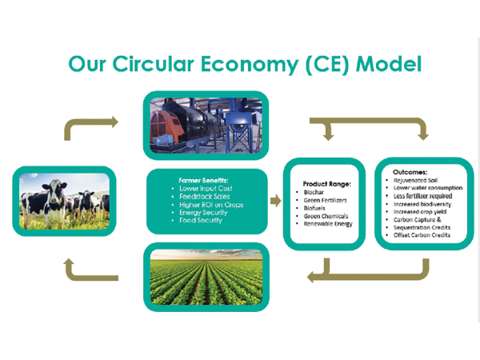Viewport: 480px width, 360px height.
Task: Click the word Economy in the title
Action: (x=250, y=64)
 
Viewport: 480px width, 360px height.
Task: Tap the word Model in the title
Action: (x=389, y=64)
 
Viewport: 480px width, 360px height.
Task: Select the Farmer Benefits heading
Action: (x=203, y=180)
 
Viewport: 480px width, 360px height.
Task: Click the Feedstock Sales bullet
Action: (x=205, y=197)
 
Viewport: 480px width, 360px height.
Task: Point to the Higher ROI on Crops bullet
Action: (x=211, y=205)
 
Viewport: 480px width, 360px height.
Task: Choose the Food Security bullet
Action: (x=201, y=220)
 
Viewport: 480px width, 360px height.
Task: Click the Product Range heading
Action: (x=327, y=184)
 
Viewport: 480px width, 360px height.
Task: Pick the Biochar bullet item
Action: (x=314, y=192)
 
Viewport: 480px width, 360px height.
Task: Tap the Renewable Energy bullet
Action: (x=328, y=224)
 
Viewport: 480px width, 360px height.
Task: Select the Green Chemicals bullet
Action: (x=326, y=216)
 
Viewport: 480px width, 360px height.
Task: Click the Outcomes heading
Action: (x=410, y=172)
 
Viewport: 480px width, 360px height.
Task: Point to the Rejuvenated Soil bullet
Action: (x=415, y=180)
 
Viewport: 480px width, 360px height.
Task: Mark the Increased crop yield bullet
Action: (x=420, y=212)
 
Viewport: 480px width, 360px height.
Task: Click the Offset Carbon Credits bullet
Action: (x=422, y=235)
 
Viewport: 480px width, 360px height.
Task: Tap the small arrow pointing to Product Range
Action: (x=276, y=201)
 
